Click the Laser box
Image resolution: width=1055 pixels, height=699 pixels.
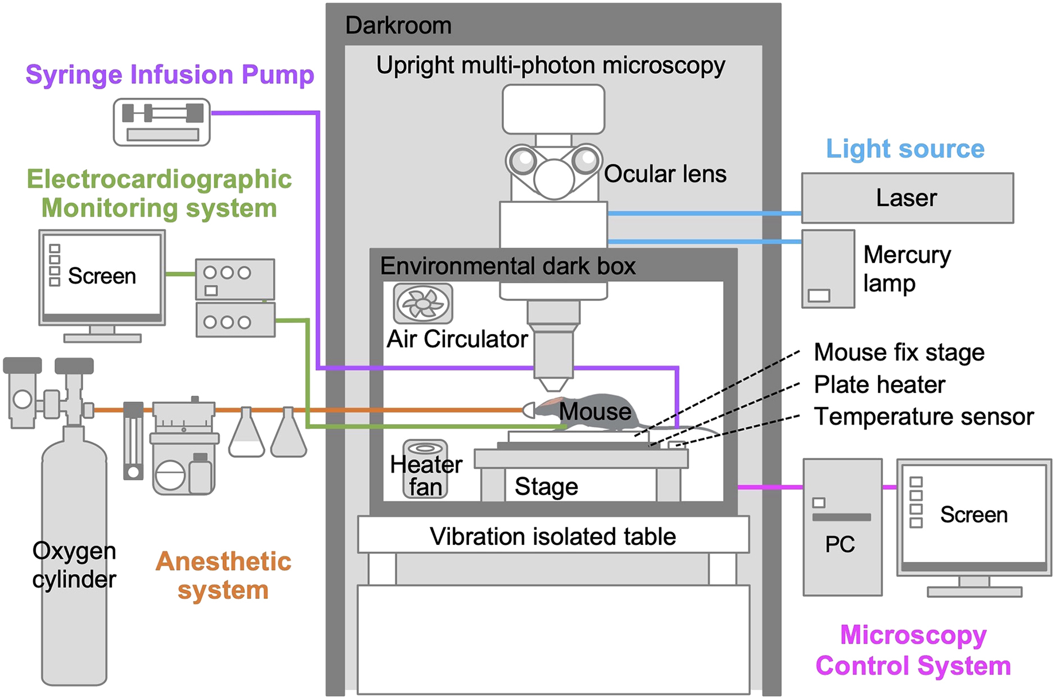[x=907, y=198]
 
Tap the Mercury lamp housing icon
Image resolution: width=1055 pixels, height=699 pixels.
[x=828, y=269]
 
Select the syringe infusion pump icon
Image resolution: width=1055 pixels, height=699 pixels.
[x=162, y=122]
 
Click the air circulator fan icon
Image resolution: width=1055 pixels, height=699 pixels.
[x=423, y=304]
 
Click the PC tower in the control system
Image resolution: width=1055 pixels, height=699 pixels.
[x=842, y=527]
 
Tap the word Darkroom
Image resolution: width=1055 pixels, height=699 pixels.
[x=398, y=26]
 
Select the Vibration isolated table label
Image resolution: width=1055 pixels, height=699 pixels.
[x=553, y=536]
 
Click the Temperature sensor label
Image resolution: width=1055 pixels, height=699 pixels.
[x=923, y=417]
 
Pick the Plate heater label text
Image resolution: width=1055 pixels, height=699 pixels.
[x=879, y=385]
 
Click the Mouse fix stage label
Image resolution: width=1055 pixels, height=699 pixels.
[x=899, y=353]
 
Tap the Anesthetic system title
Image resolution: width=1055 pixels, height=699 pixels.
[x=223, y=575]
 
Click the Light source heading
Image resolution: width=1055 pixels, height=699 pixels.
[x=905, y=149]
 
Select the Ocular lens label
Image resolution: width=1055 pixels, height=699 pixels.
[x=665, y=174]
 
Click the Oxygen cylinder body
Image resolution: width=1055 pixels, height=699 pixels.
[x=74, y=562]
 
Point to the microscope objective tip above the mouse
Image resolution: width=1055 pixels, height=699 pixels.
[x=553, y=384]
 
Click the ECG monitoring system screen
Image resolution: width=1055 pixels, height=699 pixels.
[x=102, y=276]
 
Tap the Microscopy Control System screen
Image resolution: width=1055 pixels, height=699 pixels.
[x=973, y=515]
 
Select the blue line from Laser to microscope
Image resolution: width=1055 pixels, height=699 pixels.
[x=703, y=214]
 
